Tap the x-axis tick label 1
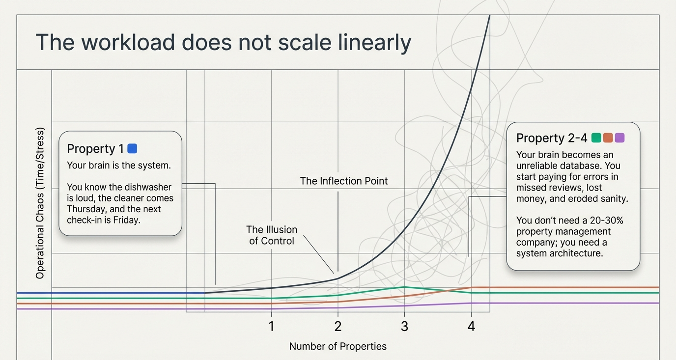pyautogui.click(x=271, y=326)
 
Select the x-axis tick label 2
pyautogui.click(x=338, y=326)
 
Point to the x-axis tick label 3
pyautogui.click(x=404, y=326)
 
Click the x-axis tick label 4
pyautogui.click(x=471, y=326)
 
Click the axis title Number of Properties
pyautogui.click(x=338, y=346)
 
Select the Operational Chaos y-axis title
pyautogui.click(x=40, y=203)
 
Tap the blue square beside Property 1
pyautogui.click(x=132, y=148)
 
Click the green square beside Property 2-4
pyautogui.click(x=596, y=138)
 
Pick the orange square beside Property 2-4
pyautogui.click(x=608, y=138)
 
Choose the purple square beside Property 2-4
pyautogui.click(x=620, y=138)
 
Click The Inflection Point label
pyautogui.click(x=344, y=181)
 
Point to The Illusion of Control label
pyautogui.click(x=272, y=235)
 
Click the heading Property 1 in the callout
pyautogui.click(x=95, y=149)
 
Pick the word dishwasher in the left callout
pyautogui.click(x=147, y=187)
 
